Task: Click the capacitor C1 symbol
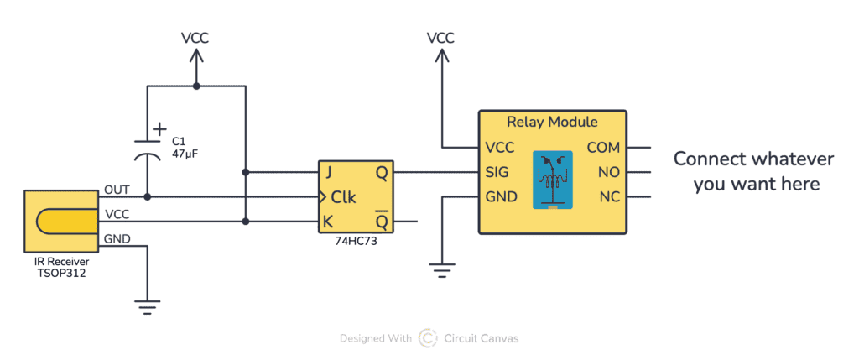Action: point(148,150)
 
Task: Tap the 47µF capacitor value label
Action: point(185,154)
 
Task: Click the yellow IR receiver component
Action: point(63,222)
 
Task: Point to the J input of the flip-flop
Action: point(328,173)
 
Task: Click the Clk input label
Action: point(343,198)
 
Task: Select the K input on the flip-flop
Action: point(328,222)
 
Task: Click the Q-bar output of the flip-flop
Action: point(382,222)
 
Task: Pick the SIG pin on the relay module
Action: point(500,173)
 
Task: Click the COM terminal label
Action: point(603,148)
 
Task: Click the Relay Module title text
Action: point(551,123)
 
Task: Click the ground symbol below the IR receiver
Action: point(148,307)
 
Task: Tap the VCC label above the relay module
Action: point(441,38)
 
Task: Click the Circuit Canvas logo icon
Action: point(428,338)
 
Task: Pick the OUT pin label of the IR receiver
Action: point(117,190)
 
